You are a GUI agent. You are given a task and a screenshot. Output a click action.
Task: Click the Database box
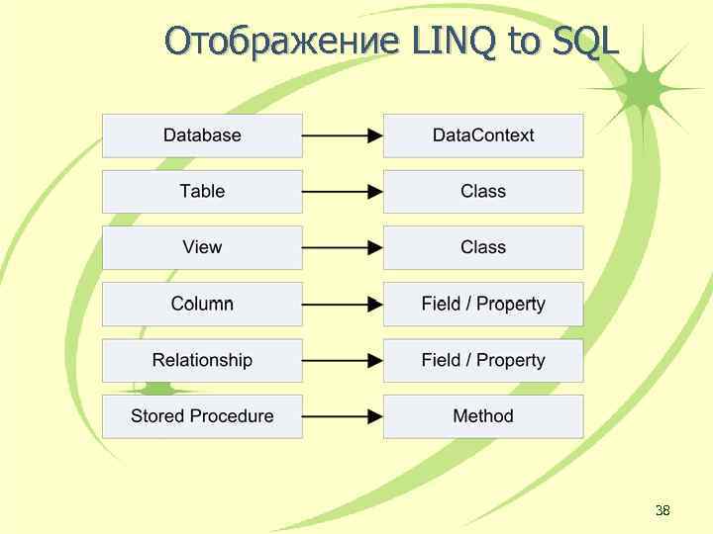click(202, 135)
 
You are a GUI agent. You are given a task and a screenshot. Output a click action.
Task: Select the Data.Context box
click(483, 135)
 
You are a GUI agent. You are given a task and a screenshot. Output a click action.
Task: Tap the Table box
click(202, 192)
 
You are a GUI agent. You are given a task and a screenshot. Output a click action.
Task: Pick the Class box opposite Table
click(483, 192)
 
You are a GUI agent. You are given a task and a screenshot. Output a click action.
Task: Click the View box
click(202, 247)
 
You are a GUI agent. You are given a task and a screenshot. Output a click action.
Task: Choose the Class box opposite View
click(483, 247)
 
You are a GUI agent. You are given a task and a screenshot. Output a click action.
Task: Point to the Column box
click(202, 304)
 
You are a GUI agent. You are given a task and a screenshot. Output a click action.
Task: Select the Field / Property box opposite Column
click(483, 304)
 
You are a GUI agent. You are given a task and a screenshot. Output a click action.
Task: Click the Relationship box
click(202, 360)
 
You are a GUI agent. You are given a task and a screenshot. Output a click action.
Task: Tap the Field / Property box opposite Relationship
click(483, 360)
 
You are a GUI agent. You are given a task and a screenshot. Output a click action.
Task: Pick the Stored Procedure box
click(202, 416)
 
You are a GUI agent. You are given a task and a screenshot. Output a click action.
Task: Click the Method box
click(483, 416)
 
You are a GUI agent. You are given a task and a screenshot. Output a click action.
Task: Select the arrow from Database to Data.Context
click(343, 135)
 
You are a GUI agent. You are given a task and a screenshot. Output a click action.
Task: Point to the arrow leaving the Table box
click(343, 192)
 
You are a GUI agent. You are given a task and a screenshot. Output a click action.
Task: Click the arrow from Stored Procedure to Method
click(343, 416)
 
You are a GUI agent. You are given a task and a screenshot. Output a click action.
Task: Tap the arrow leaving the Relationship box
click(343, 360)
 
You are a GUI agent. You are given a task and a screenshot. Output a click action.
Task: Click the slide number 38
click(662, 510)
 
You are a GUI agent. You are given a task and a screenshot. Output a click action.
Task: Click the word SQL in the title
click(585, 42)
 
